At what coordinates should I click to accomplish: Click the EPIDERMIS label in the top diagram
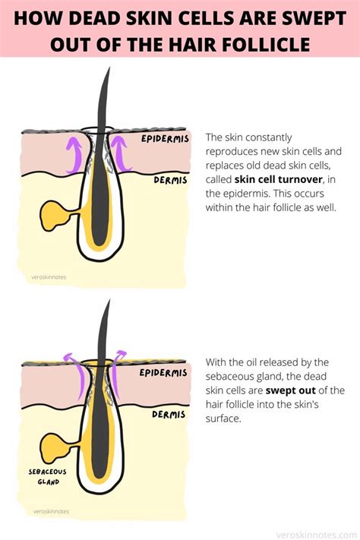tap(165, 138)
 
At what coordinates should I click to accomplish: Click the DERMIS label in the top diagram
tap(171, 180)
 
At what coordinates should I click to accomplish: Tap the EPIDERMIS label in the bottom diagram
tap(163, 373)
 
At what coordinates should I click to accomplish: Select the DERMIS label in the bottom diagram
tap(169, 414)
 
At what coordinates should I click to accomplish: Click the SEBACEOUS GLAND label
tap(48, 477)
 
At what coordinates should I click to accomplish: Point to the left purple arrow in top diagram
tap(74, 154)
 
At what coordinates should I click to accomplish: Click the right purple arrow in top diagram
tap(121, 154)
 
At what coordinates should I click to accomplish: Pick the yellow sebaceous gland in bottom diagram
tap(55, 448)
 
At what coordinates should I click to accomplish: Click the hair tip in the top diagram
tap(109, 68)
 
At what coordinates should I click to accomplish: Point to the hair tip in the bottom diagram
tap(109, 300)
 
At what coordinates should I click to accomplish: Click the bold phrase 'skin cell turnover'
tap(278, 179)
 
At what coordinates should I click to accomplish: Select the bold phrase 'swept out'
tap(291, 390)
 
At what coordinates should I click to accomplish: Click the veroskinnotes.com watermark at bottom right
tap(317, 535)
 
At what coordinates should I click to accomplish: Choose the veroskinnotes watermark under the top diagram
tap(49, 277)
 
